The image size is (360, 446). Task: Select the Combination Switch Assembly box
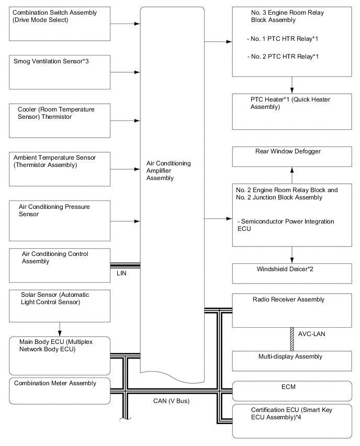(60, 24)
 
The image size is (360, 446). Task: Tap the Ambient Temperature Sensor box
(60, 169)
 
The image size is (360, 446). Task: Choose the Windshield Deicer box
(292, 273)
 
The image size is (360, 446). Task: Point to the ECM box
(292, 391)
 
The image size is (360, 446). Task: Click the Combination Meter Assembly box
(60, 391)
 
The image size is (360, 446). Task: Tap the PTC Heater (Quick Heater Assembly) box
(292, 111)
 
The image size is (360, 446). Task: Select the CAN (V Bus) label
(164, 402)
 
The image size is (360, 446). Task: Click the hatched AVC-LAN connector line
(292, 339)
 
